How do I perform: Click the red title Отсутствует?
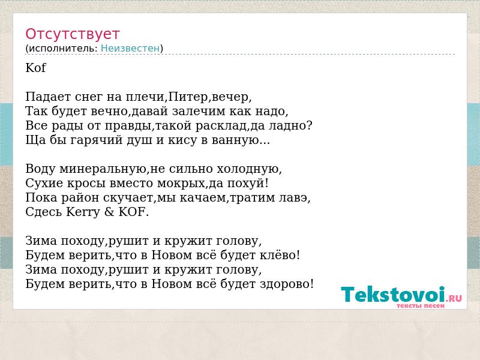coord(72,34)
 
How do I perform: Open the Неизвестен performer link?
coord(130,48)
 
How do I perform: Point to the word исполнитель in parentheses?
coord(63,49)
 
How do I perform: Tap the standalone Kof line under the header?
coord(35,68)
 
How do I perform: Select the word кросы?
coord(86,184)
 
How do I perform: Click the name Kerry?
coord(83,212)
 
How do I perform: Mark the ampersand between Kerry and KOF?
coord(109,212)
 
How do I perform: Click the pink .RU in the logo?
coord(455,298)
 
